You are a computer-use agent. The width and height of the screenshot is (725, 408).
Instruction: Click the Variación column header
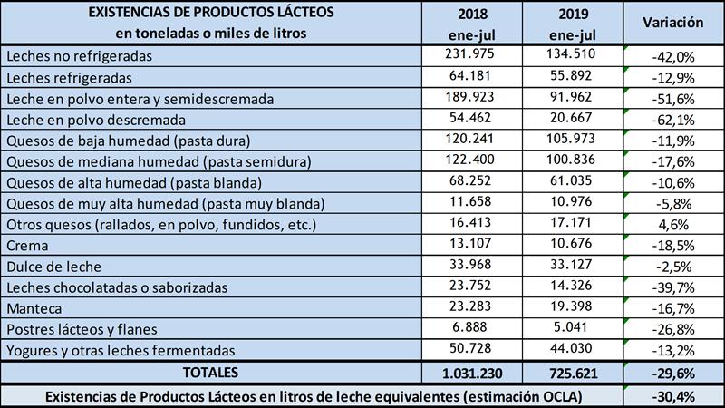(x=673, y=22)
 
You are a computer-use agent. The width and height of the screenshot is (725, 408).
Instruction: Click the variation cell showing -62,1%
(x=673, y=119)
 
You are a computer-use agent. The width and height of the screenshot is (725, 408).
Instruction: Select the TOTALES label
(x=210, y=372)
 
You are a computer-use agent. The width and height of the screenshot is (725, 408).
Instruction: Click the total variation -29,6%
(x=673, y=373)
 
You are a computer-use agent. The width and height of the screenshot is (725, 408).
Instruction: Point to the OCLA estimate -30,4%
(x=673, y=395)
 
